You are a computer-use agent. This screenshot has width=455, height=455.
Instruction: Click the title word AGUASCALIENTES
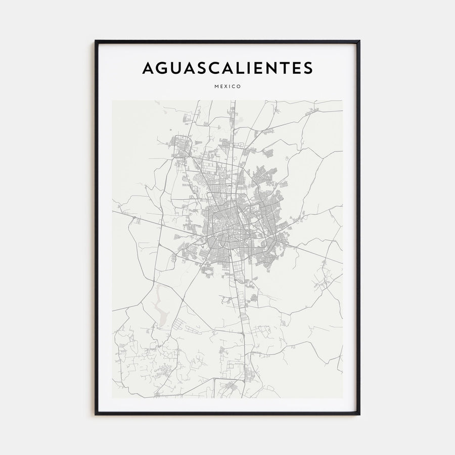(x=227, y=68)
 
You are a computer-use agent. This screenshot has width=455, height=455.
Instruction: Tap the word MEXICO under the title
(x=227, y=86)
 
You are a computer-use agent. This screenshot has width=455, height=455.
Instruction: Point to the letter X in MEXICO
(x=225, y=86)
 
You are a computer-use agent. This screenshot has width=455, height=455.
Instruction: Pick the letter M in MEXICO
(x=216, y=86)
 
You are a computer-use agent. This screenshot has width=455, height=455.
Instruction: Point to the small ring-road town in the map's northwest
(x=180, y=145)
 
